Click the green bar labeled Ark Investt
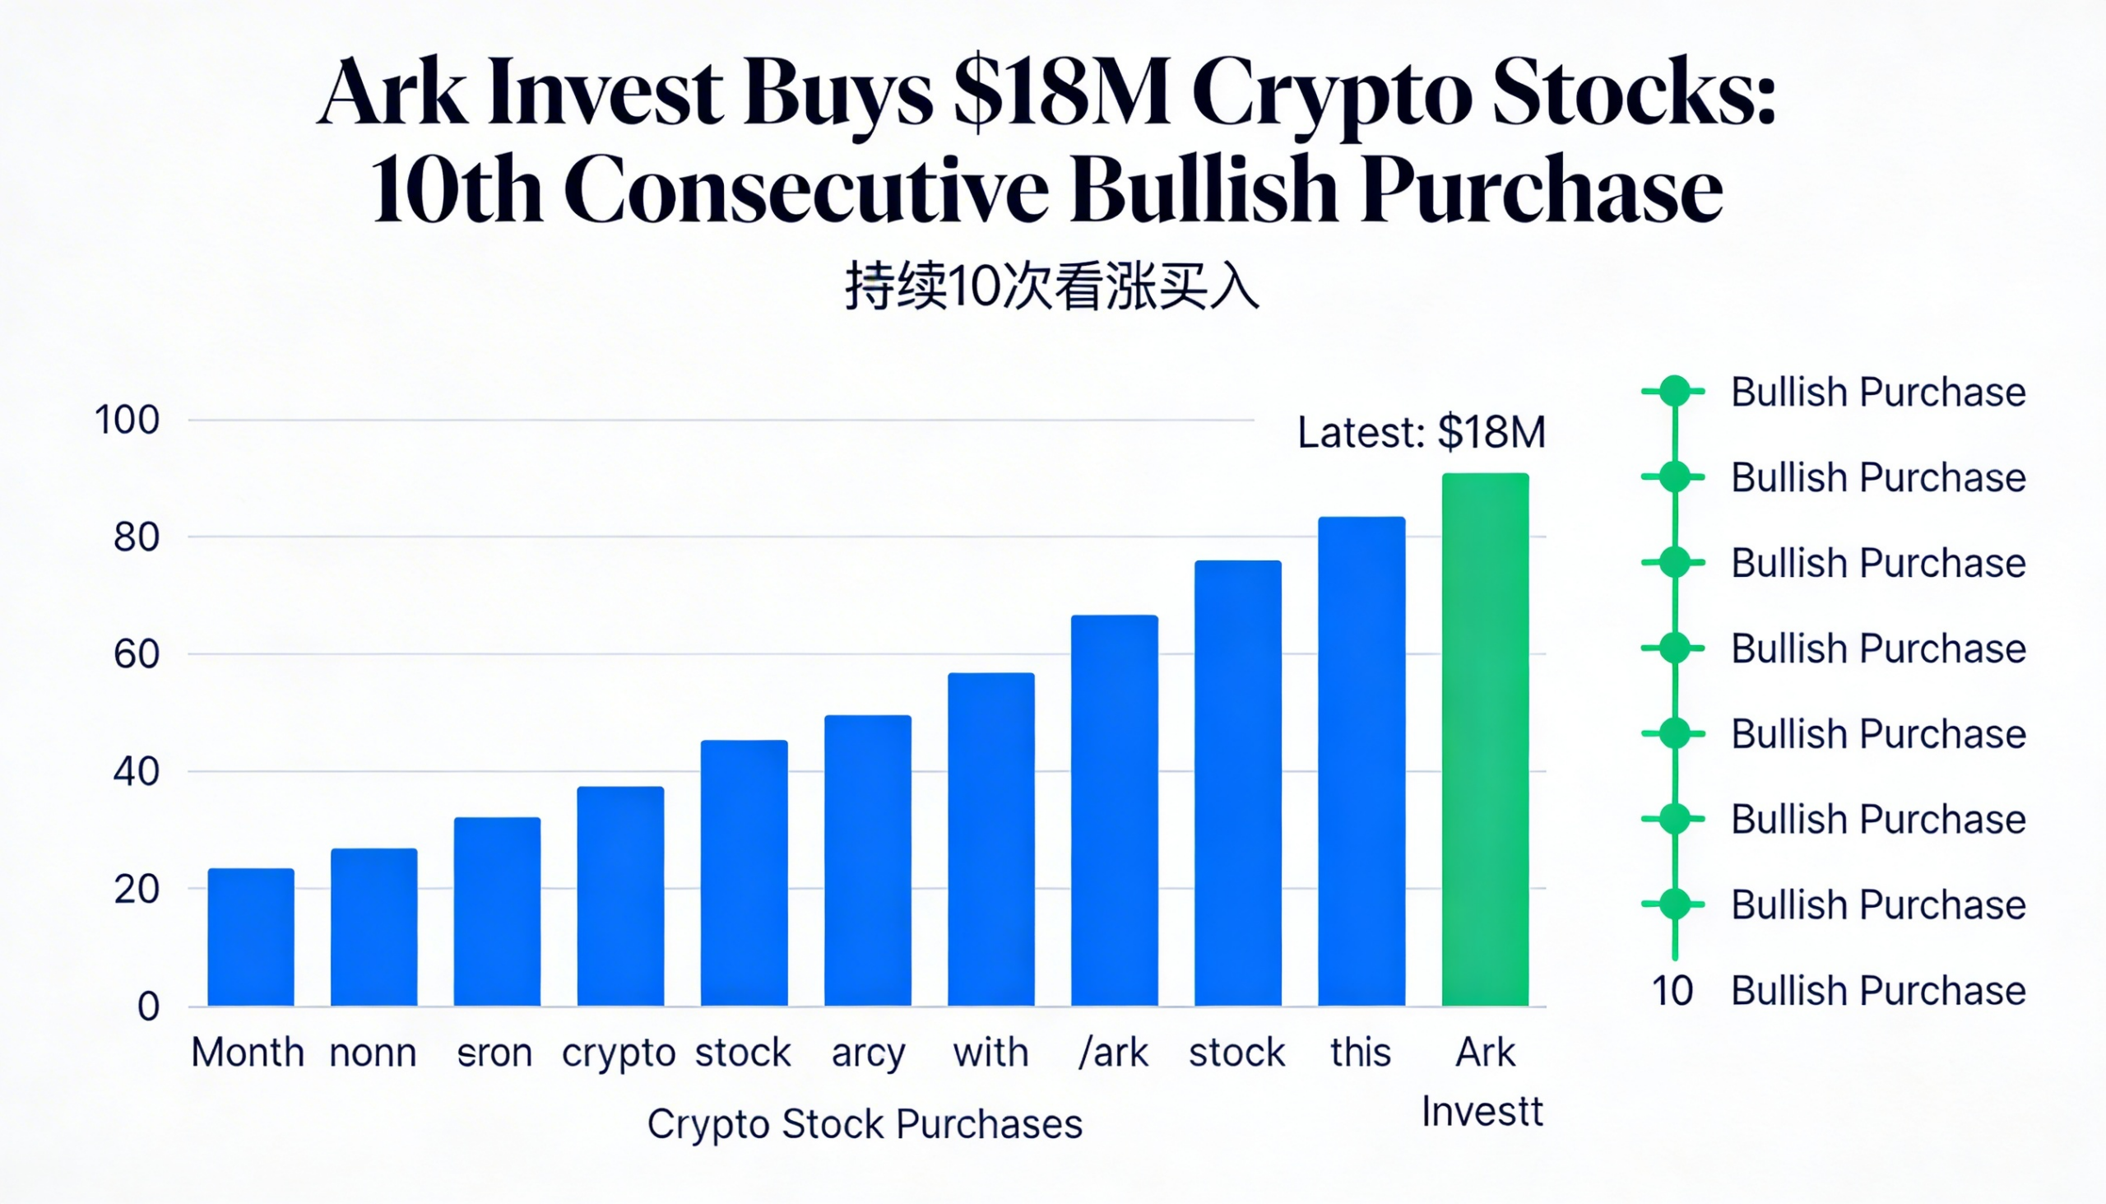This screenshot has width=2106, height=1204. tap(1485, 739)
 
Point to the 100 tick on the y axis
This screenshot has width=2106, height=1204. tap(127, 420)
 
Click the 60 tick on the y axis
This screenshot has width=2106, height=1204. tap(137, 654)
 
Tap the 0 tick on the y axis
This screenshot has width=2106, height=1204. tap(148, 1006)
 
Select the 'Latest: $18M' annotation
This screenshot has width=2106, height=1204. tap(1421, 433)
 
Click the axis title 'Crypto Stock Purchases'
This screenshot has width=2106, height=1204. tap(865, 1124)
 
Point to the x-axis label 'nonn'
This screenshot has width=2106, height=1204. tap(373, 1053)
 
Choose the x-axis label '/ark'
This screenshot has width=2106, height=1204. tap(1113, 1053)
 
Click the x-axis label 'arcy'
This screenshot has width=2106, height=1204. tap(868, 1053)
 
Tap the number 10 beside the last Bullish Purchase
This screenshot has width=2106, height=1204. tap(1672, 991)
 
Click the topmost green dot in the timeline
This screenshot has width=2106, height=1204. tap(1675, 391)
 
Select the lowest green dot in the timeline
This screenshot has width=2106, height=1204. tap(1675, 904)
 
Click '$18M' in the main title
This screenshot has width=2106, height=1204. tap(1061, 93)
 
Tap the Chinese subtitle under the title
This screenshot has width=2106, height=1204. tap(1051, 287)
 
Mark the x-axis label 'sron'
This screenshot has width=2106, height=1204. tap(494, 1053)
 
